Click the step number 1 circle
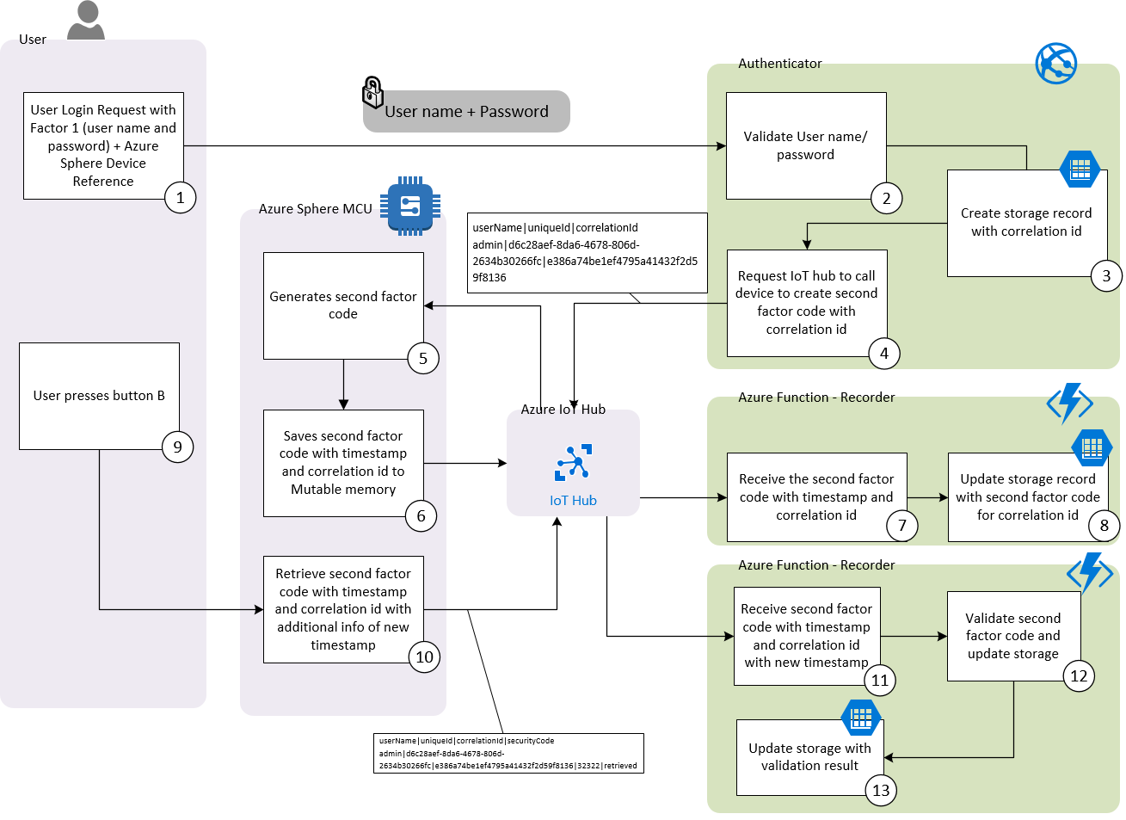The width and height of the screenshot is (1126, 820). (180, 197)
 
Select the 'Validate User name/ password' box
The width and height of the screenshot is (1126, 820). (805, 145)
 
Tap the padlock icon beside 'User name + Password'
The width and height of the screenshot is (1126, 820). (372, 92)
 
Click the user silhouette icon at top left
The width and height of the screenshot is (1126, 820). (86, 21)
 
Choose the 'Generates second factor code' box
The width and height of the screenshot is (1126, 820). (342, 305)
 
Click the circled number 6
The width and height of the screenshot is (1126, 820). (421, 516)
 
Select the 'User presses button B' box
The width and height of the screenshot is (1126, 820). (99, 396)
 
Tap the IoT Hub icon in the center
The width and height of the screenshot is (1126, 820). (573, 462)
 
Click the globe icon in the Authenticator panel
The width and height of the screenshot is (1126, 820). (1055, 64)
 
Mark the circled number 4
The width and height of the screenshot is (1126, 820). (883, 353)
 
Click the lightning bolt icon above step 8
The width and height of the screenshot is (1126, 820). (1069, 403)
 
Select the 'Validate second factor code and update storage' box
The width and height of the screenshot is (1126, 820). (1012, 636)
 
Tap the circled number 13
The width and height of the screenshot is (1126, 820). (881, 790)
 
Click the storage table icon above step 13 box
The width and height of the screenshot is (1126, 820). (861, 718)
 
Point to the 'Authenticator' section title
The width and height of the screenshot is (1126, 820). (779, 64)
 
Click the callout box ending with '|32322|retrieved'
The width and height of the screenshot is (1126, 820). (508, 753)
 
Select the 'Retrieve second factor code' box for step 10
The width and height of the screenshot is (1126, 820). (342, 609)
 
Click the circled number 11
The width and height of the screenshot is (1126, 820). (879, 680)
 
